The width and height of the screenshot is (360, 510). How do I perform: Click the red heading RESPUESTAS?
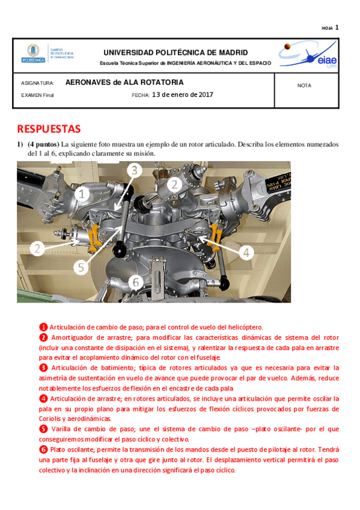pos(49,129)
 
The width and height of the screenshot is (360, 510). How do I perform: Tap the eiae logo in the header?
pos(308,54)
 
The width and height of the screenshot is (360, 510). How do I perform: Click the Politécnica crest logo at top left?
pos(33,54)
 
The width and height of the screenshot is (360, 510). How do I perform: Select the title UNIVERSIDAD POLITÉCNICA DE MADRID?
pos(175,52)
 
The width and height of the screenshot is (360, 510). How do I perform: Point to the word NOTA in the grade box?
pos(304,85)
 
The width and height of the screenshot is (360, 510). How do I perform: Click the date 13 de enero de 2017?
pos(183,94)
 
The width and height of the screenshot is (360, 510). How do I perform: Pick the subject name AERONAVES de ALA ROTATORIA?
pos(124,82)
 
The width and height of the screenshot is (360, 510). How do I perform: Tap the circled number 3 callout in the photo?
pos(134,170)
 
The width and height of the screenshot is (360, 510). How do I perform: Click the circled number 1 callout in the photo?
pos(82,194)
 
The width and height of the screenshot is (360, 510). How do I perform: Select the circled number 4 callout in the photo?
pos(246,253)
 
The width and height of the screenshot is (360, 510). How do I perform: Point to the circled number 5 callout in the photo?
pos(81,268)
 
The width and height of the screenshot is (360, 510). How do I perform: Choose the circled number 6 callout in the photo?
pos(136,282)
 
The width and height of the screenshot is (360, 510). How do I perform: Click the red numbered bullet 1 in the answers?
pos(43,327)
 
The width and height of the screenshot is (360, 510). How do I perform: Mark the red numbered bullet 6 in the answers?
pos(43,449)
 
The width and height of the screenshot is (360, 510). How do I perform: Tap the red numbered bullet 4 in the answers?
pos(43,399)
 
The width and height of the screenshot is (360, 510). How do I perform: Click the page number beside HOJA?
pos(337,27)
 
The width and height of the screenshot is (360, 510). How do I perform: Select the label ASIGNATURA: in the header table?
pos(38,83)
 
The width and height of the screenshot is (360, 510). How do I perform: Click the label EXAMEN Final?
pos(37,95)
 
